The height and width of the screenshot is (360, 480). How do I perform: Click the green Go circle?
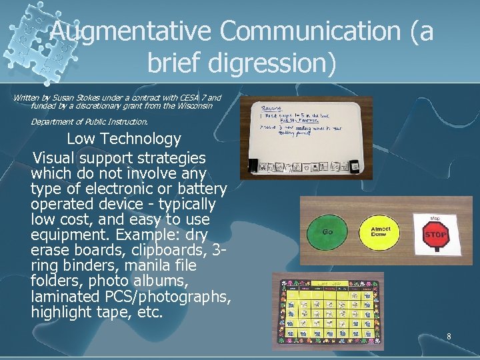pyautogui.click(x=328, y=231)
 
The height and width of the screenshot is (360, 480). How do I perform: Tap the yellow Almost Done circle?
pyautogui.click(x=381, y=232)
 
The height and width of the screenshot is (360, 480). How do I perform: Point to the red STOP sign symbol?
pyautogui.click(x=436, y=234)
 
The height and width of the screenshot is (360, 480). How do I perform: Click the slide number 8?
pyautogui.click(x=449, y=337)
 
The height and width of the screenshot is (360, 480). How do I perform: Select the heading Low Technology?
pyautogui.click(x=124, y=139)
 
